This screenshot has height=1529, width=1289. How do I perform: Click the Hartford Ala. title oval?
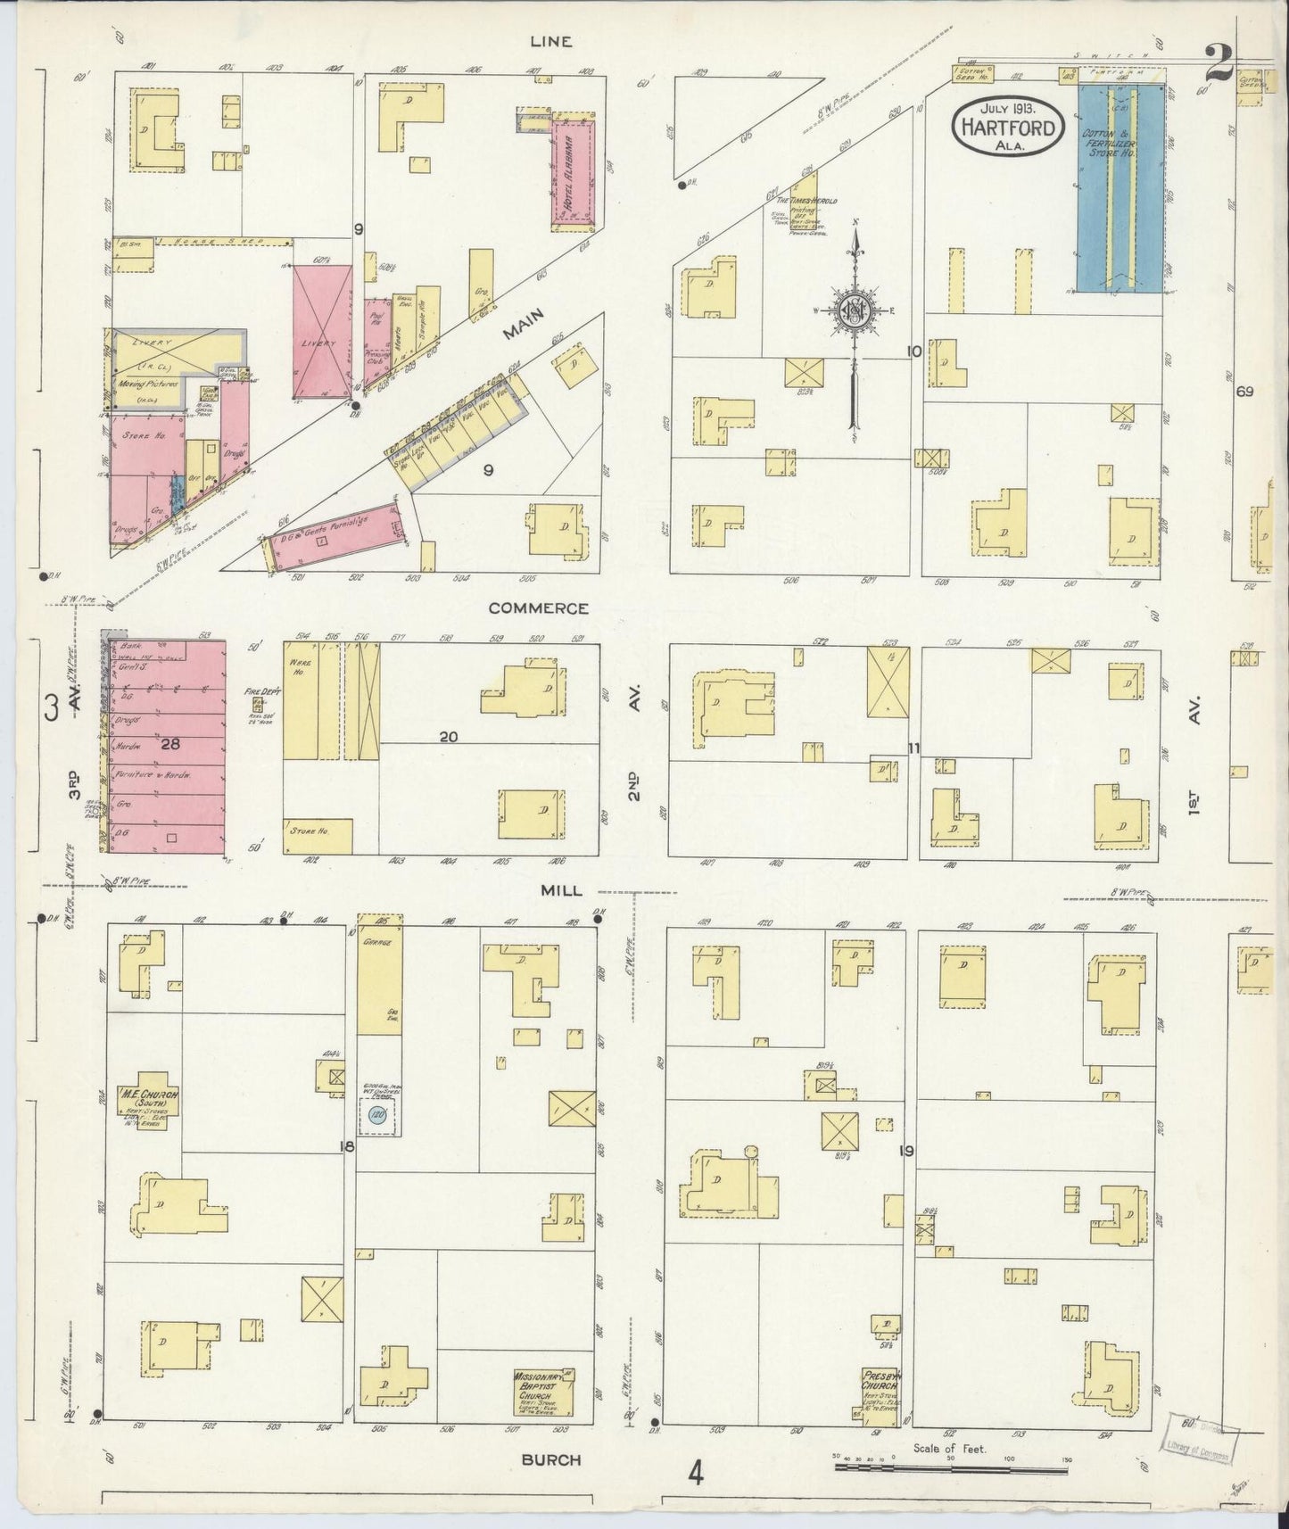point(1008,127)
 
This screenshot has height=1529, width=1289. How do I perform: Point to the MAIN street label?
point(524,331)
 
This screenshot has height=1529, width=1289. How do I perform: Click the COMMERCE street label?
point(538,608)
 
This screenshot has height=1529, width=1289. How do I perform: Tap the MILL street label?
point(561,890)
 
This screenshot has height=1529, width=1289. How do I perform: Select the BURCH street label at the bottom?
point(551,1459)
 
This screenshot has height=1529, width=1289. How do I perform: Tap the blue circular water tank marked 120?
point(377,1115)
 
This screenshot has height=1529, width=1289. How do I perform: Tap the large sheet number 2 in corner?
point(1219,62)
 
